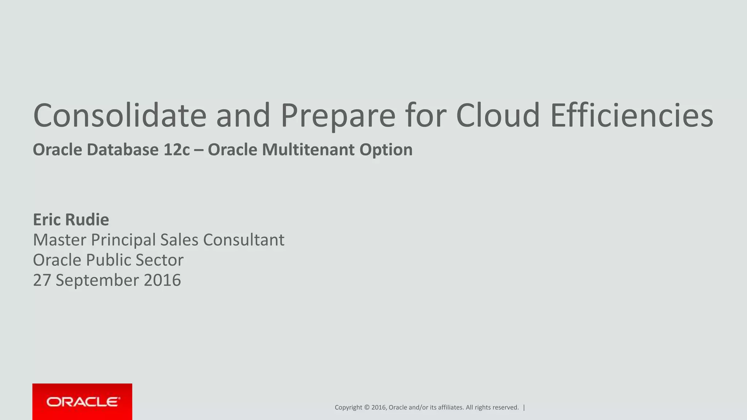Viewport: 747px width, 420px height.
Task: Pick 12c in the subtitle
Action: (177, 150)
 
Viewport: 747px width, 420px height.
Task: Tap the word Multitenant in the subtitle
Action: (308, 150)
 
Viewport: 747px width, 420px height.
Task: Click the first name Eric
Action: (47, 219)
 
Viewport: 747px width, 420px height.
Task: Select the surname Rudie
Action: (87, 219)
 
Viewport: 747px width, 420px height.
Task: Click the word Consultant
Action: (244, 240)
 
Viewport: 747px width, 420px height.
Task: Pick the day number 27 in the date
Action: (42, 280)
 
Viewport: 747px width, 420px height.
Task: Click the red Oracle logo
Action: (82, 402)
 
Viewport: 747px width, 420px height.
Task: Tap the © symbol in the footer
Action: (367, 408)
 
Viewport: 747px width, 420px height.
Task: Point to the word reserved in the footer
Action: (505, 408)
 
